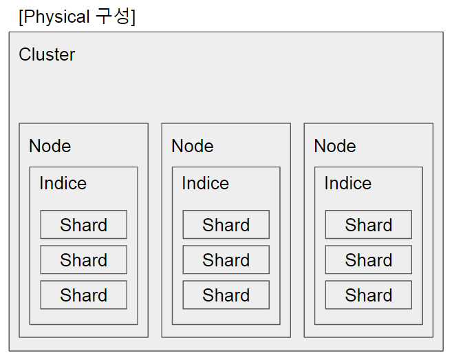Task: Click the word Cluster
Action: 47,54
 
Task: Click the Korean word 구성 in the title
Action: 113,16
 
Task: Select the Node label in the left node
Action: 50,146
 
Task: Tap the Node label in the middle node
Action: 192,146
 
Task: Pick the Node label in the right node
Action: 334,146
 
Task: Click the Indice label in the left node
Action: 63,183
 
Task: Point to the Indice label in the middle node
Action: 205,183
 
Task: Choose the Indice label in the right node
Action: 347,183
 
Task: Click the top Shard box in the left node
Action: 83,225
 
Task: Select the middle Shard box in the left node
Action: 83,260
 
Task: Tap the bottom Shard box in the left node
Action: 83,295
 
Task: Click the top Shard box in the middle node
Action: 226,225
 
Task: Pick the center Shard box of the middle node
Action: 226,260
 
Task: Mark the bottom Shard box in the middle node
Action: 226,295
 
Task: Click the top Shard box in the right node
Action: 368,225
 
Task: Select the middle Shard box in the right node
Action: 368,260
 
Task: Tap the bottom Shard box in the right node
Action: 368,295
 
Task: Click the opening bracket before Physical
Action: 21,17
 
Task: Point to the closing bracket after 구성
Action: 133,17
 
